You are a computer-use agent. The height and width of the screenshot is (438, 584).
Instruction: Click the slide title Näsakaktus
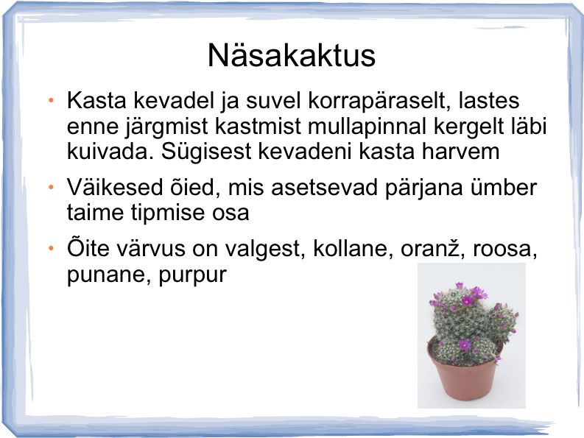[x=291, y=55]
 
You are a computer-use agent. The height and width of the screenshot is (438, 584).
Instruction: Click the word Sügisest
[x=206, y=152]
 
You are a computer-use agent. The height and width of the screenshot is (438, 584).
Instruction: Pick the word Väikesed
[x=115, y=187]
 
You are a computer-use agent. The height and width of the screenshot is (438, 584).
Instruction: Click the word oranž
[x=433, y=248]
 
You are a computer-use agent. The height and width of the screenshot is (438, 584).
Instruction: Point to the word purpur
[x=192, y=276]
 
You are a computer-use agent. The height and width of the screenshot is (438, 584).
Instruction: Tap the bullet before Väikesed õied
[x=51, y=187]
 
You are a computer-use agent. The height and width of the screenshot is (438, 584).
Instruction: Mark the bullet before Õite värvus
[x=51, y=247]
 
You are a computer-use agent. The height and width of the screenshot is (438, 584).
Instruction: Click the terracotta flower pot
[x=463, y=376]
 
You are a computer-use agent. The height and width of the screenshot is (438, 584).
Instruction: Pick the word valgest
[x=266, y=249]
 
